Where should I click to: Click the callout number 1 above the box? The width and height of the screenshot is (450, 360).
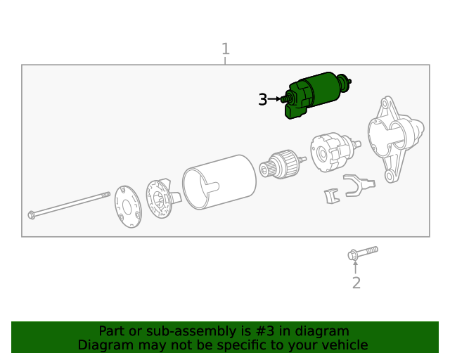[x=226, y=49]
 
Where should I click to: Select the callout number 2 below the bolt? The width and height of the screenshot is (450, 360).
[x=356, y=283]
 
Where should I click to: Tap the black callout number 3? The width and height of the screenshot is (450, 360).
[x=262, y=99]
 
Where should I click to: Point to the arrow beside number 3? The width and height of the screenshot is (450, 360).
[x=274, y=99]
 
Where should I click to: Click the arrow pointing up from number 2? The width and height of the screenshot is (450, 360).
[x=355, y=267]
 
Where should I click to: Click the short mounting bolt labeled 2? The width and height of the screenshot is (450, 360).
[x=363, y=253]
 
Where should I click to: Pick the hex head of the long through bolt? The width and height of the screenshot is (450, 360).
[x=32, y=214]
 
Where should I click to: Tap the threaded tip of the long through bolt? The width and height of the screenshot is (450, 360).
[x=106, y=195]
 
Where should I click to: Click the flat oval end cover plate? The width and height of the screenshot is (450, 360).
[x=128, y=207]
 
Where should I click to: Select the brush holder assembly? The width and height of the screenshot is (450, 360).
[x=163, y=198]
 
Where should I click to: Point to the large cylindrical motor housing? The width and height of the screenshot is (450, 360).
[x=219, y=182]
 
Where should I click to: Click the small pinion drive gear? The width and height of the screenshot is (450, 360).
[x=282, y=165]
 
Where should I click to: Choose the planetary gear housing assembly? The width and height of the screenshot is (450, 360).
[x=335, y=152]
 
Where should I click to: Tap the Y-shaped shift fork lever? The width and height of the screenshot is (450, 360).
[x=359, y=186]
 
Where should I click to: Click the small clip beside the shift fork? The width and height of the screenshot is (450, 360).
[x=332, y=196]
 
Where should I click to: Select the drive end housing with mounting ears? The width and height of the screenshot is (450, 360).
[x=396, y=139]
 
